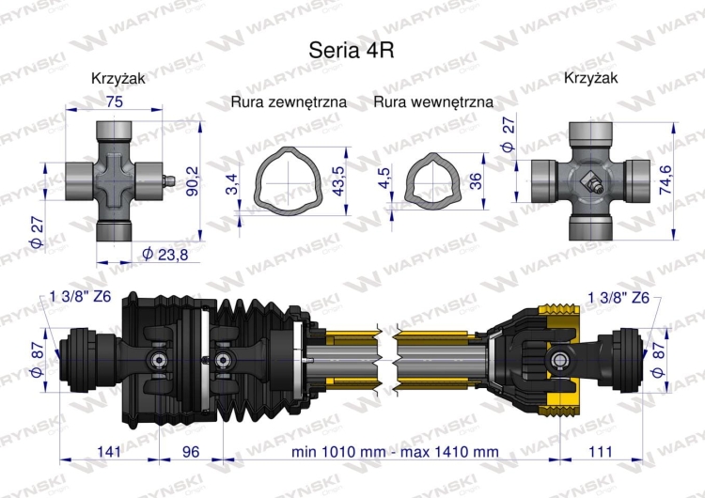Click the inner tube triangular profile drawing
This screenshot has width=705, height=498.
[x=431, y=179]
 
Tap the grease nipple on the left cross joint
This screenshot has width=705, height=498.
[x=168, y=178]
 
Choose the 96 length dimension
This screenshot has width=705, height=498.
[x=191, y=452]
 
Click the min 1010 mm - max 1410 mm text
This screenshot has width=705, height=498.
[x=395, y=452]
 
